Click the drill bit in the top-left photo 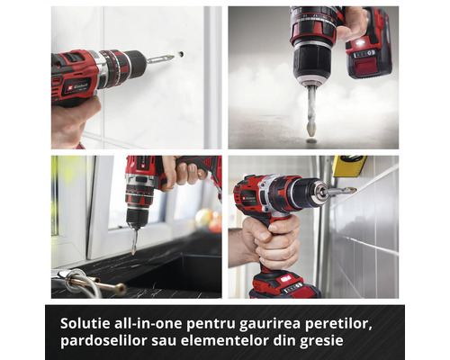point(160,58)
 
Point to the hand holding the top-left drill point(74,121)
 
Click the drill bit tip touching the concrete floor point(310,132)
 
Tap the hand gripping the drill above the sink point(180,171)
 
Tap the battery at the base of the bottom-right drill point(283,286)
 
